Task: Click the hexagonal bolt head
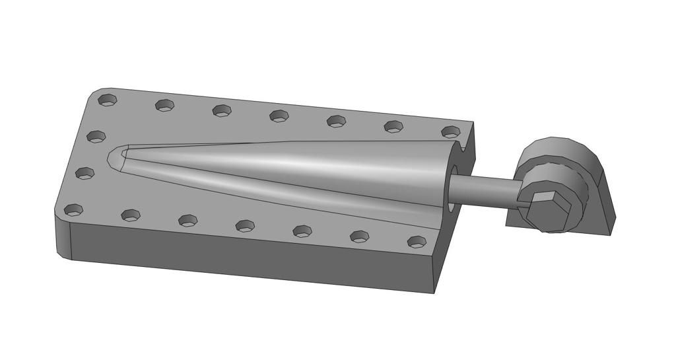(x=549, y=211)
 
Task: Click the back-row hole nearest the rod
(x=451, y=132)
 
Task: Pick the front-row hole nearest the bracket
(x=417, y=242)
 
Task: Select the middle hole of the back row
(x=279, y=116)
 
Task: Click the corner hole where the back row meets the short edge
(x=108, y=100)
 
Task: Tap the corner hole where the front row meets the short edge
(x=73, y=211)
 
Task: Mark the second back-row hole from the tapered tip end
(x=164, y=106)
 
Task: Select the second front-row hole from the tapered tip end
(x=131, y=215)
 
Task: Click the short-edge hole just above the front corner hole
(x=84, y=174)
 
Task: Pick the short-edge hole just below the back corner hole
(x=96, y=137)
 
